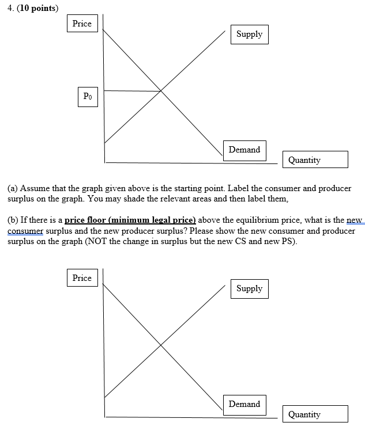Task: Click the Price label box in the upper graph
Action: click(82, 24)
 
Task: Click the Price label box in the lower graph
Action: click(82, 278)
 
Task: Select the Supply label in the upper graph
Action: click(249, 35)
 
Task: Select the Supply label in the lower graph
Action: click(249, 289)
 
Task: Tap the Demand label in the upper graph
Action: click(244, 150)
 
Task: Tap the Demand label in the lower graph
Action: click(244, 404)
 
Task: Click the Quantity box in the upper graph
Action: click(315, 160)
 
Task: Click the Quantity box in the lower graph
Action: click(315, 414)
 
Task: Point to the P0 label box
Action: click(87, 97)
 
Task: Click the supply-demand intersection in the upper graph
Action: click(160, 90)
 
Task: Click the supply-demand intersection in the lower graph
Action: click(160, 345)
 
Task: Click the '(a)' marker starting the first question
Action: click(13, 188)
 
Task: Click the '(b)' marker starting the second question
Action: click(13, 220)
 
